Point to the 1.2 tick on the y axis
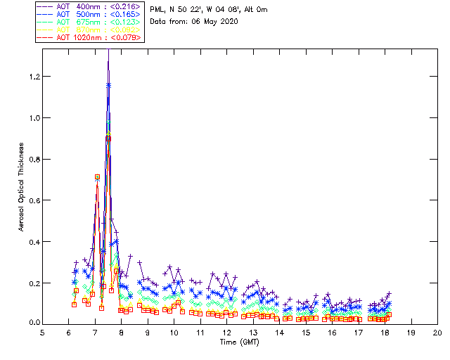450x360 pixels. (33, 76)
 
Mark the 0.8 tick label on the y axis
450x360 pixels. (33, 159)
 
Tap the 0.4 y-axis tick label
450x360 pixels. (33, 242)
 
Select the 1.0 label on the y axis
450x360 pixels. (33, 117)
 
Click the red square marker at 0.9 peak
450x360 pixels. (108, 139)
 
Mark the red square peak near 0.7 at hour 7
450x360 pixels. (97, 177)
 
